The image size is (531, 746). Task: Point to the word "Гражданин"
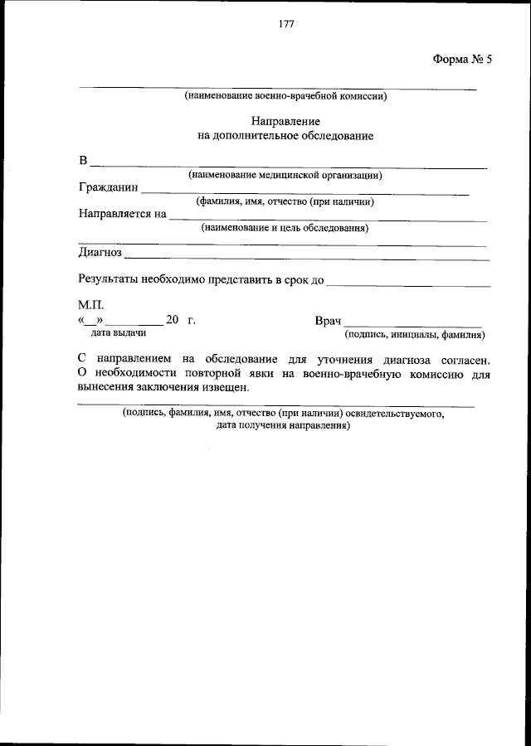click(109, 188)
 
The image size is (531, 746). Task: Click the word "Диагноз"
click(100, 252)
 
